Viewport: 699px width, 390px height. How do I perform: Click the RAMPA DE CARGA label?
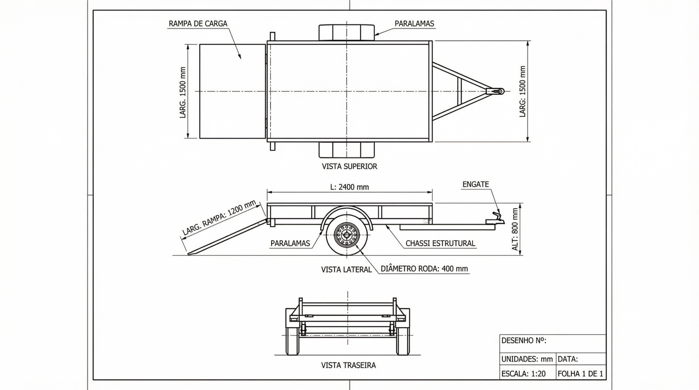point(198,24)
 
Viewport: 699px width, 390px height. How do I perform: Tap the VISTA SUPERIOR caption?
point(349,166)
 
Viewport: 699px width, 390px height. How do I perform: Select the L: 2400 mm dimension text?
point(349,187)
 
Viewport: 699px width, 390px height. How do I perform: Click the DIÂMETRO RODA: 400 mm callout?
point(424,269)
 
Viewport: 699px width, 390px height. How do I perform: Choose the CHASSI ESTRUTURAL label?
point(440,243)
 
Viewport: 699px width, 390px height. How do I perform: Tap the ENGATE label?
point(475,184)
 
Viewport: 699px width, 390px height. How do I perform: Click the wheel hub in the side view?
point(346,235)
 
